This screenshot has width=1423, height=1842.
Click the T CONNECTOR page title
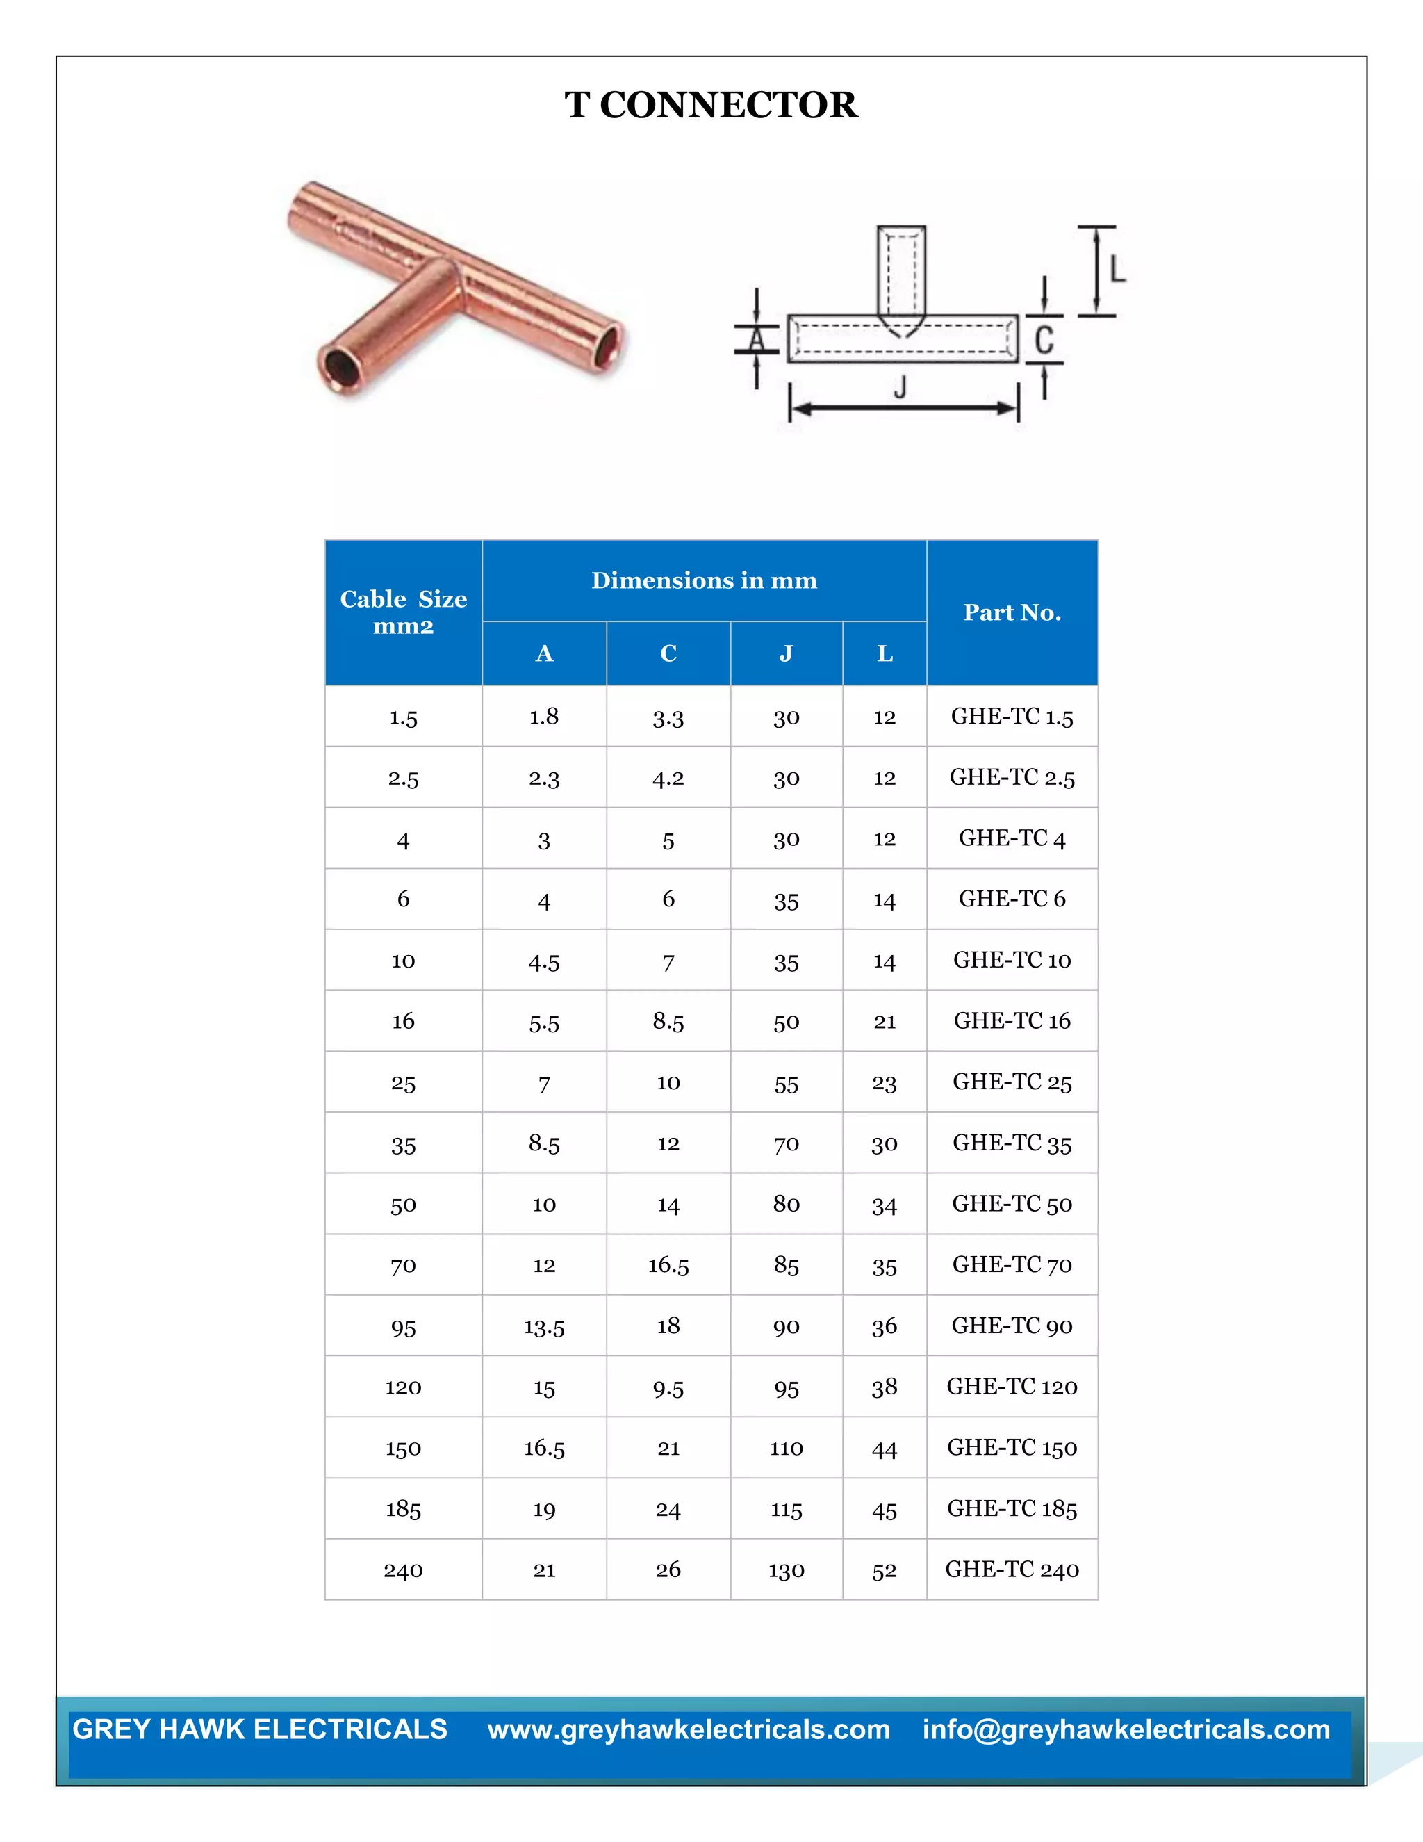[711, 106]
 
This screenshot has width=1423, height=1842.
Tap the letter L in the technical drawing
[1117, 270]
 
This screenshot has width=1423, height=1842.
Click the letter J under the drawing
[900, 388]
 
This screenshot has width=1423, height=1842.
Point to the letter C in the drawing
[1044, 340]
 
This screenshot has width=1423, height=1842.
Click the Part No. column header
[1012, 612]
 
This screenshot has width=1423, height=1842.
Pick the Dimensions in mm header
[704, 580]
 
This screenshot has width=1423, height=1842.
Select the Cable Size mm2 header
[403, 612]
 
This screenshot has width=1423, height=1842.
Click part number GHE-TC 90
[1012, 1326]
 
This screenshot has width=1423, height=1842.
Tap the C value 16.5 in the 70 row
[668, 1265]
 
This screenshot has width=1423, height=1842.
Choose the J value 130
[786, 1570]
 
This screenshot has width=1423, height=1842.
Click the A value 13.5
[544, 1327]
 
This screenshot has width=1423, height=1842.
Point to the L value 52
[884, 1570]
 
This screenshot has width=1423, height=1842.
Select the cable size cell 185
[403, 1509]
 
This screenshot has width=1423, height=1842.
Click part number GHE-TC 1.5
[1012, 717]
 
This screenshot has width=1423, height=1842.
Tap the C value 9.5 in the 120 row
[668, 1387]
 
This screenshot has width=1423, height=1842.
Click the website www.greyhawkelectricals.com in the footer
[689, 1730]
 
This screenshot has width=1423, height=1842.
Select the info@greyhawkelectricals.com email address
[1126, 1730]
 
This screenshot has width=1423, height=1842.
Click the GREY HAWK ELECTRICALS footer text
[260, 1730]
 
